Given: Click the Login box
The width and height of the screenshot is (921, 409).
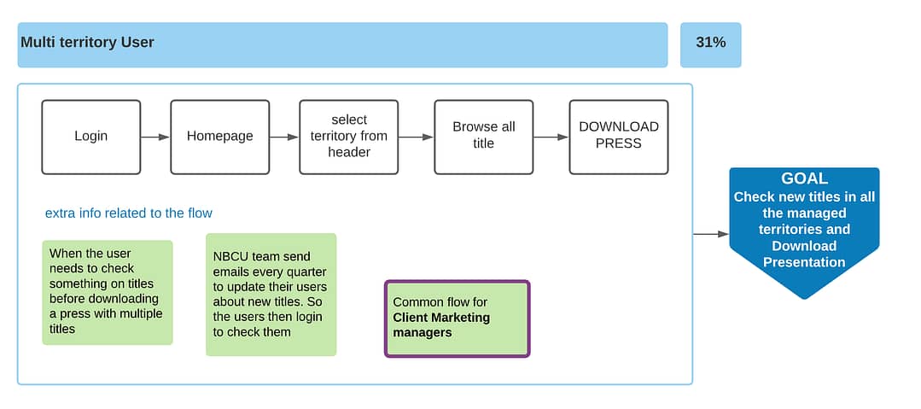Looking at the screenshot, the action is pos(91,137).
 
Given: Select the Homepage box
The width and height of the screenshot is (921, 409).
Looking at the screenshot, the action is pos(219,137).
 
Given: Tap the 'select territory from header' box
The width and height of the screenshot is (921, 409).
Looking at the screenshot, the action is pos(349,137).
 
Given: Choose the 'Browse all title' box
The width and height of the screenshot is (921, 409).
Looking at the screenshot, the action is pos(484,137).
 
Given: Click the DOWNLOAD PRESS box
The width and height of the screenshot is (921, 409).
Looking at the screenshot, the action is pos(619,137).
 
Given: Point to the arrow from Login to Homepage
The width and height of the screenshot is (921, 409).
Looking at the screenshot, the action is pos(155,137).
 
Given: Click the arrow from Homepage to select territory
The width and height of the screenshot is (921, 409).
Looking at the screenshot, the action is pos(284,137).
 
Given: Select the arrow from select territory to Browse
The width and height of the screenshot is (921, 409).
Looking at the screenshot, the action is pos(417,137).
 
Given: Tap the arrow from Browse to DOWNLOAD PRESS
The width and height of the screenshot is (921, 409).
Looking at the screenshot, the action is pos(551,137).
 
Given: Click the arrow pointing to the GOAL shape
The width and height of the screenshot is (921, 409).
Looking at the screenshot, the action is pos(711,234).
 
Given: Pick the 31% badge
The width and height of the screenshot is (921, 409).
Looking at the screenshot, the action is pos(711,44).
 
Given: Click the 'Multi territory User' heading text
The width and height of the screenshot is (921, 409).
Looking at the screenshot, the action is pos(88,43).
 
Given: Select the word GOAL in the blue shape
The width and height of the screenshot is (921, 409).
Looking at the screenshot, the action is pos(804,178).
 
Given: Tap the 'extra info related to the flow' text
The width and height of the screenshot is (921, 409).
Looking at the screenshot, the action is pos(129,213).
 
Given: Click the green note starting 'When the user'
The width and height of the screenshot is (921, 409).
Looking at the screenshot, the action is pos(108,292).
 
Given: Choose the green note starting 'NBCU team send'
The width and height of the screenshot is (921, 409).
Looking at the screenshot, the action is pos(271,295).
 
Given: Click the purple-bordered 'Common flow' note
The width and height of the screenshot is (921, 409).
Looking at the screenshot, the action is pos(457,318).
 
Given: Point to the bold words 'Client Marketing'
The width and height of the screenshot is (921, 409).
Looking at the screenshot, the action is pos(441,318).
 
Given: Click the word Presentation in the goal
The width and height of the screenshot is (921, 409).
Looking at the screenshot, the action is pos(804,262).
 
